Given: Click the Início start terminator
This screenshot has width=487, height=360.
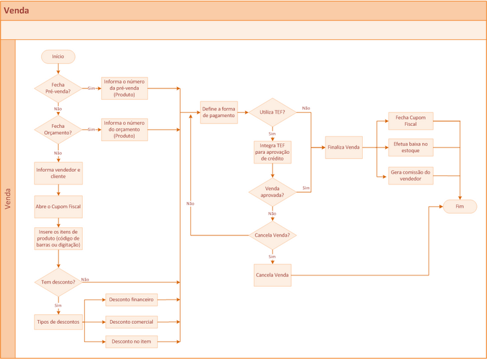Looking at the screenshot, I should [58, 57].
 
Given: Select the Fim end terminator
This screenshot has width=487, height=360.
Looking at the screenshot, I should [460, 207].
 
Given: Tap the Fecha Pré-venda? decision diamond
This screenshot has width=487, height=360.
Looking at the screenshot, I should [58, 88].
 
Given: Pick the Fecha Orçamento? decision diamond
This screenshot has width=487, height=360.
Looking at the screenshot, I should [58, 129].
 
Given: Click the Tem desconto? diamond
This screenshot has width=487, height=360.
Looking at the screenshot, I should [58, 282].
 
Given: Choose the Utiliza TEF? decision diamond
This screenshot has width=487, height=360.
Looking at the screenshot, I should [272, 113].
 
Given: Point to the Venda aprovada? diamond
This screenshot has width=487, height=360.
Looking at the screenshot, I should [272, 191].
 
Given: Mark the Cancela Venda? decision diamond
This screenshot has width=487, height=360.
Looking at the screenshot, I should [272, 235].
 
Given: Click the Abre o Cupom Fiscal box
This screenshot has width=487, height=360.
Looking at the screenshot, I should [58, 207].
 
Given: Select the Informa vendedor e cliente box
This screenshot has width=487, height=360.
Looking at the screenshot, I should [58, 173].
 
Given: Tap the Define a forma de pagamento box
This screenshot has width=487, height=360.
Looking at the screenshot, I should [218, 113].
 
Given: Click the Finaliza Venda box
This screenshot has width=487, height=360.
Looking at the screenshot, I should [344, 148].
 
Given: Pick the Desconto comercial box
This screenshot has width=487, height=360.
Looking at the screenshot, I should [131, 322].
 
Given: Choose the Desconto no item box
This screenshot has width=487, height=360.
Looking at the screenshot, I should [131, 342].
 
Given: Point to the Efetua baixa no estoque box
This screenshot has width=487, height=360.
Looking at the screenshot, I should [411, 148].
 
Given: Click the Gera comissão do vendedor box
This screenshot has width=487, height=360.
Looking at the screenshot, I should [411, 176].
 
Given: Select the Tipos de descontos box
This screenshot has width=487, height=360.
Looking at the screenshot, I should [58, 322].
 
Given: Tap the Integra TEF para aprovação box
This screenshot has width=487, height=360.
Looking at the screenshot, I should [272, 152].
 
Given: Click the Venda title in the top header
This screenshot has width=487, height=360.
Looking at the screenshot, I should [17, 11].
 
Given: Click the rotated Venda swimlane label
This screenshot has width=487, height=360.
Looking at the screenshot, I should [8, 198].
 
